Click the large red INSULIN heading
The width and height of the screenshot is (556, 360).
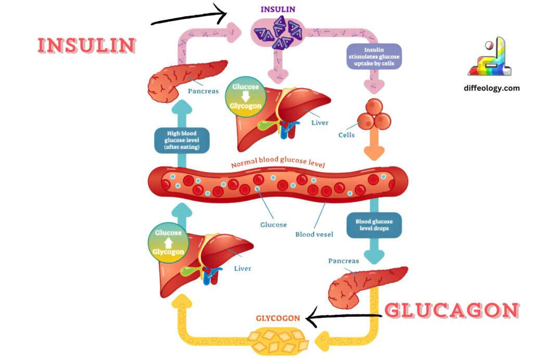[x=86, y=45]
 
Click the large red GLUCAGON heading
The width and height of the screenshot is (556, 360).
[x=451, y=311]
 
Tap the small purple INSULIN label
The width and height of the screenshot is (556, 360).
[x=277, y=9]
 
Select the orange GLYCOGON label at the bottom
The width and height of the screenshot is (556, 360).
[x=277, y=318]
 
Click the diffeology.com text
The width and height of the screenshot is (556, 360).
[x=491, y=88]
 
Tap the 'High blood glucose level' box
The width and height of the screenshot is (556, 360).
[x=182, y=140]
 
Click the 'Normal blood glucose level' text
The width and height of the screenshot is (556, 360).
[x=278, y=164]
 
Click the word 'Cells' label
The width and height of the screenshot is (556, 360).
[x=346, y=135]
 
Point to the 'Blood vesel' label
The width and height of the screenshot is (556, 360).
[x=314, y=234]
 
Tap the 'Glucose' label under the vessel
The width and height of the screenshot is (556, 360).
[x=273, y=225]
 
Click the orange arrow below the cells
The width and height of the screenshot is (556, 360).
[x=374, y=147]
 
